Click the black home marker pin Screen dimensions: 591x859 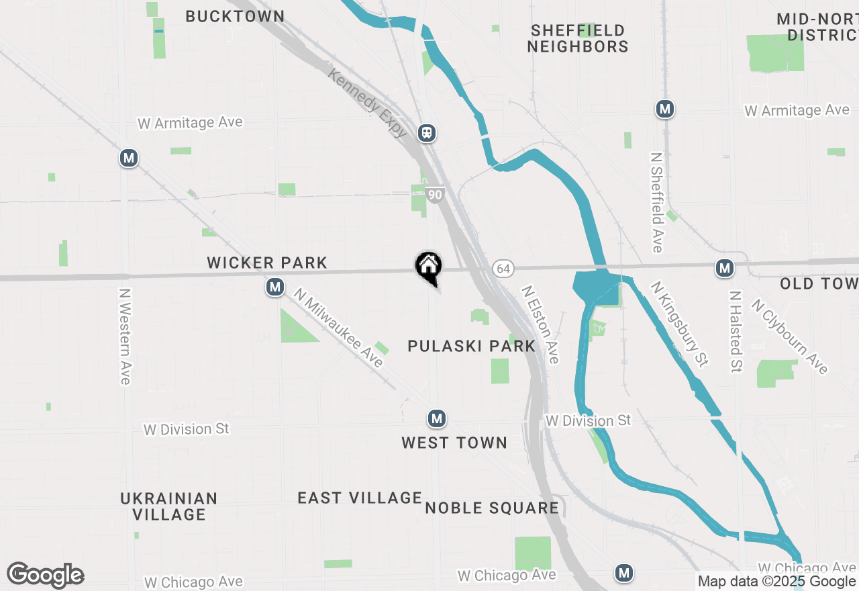coord(428,267)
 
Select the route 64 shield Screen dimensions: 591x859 coord(503,269)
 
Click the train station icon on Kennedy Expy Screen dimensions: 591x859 coord(427,133)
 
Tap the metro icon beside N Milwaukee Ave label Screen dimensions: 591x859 coord(274,287)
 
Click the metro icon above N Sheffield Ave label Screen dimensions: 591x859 coord(665,109)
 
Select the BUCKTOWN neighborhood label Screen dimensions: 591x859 coord(235,16)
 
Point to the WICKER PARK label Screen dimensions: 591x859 coord(267,263)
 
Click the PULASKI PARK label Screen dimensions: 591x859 coord(472,347)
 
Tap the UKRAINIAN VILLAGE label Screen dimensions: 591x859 coord(169,506)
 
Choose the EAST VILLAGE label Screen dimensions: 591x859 coord(360,498)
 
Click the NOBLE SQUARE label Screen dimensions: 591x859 coord(492,508)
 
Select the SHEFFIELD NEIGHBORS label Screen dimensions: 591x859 coord(578,38)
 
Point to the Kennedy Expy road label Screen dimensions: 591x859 coord(367,103)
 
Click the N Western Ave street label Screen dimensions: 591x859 coord(125,336)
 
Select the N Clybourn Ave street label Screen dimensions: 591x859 coord(790,336)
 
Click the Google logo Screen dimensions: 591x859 coord(45,575)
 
